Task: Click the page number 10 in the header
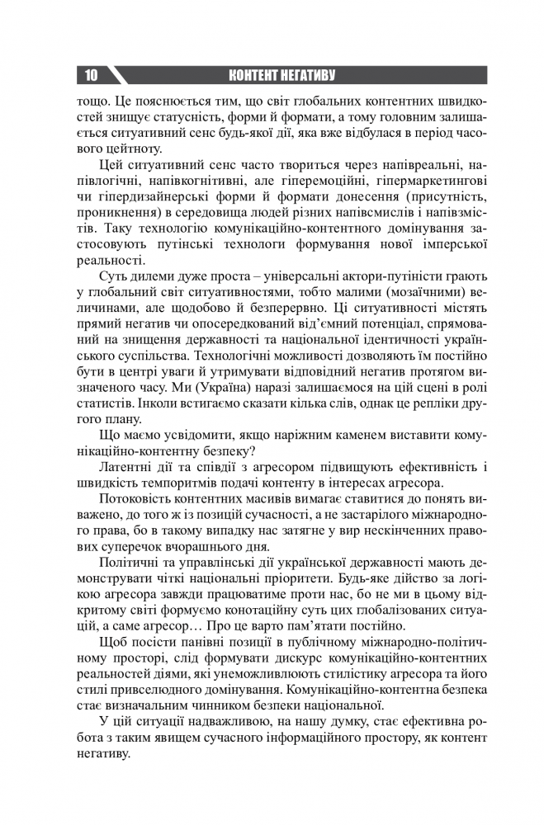[90, 76]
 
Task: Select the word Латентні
[128, 466]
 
